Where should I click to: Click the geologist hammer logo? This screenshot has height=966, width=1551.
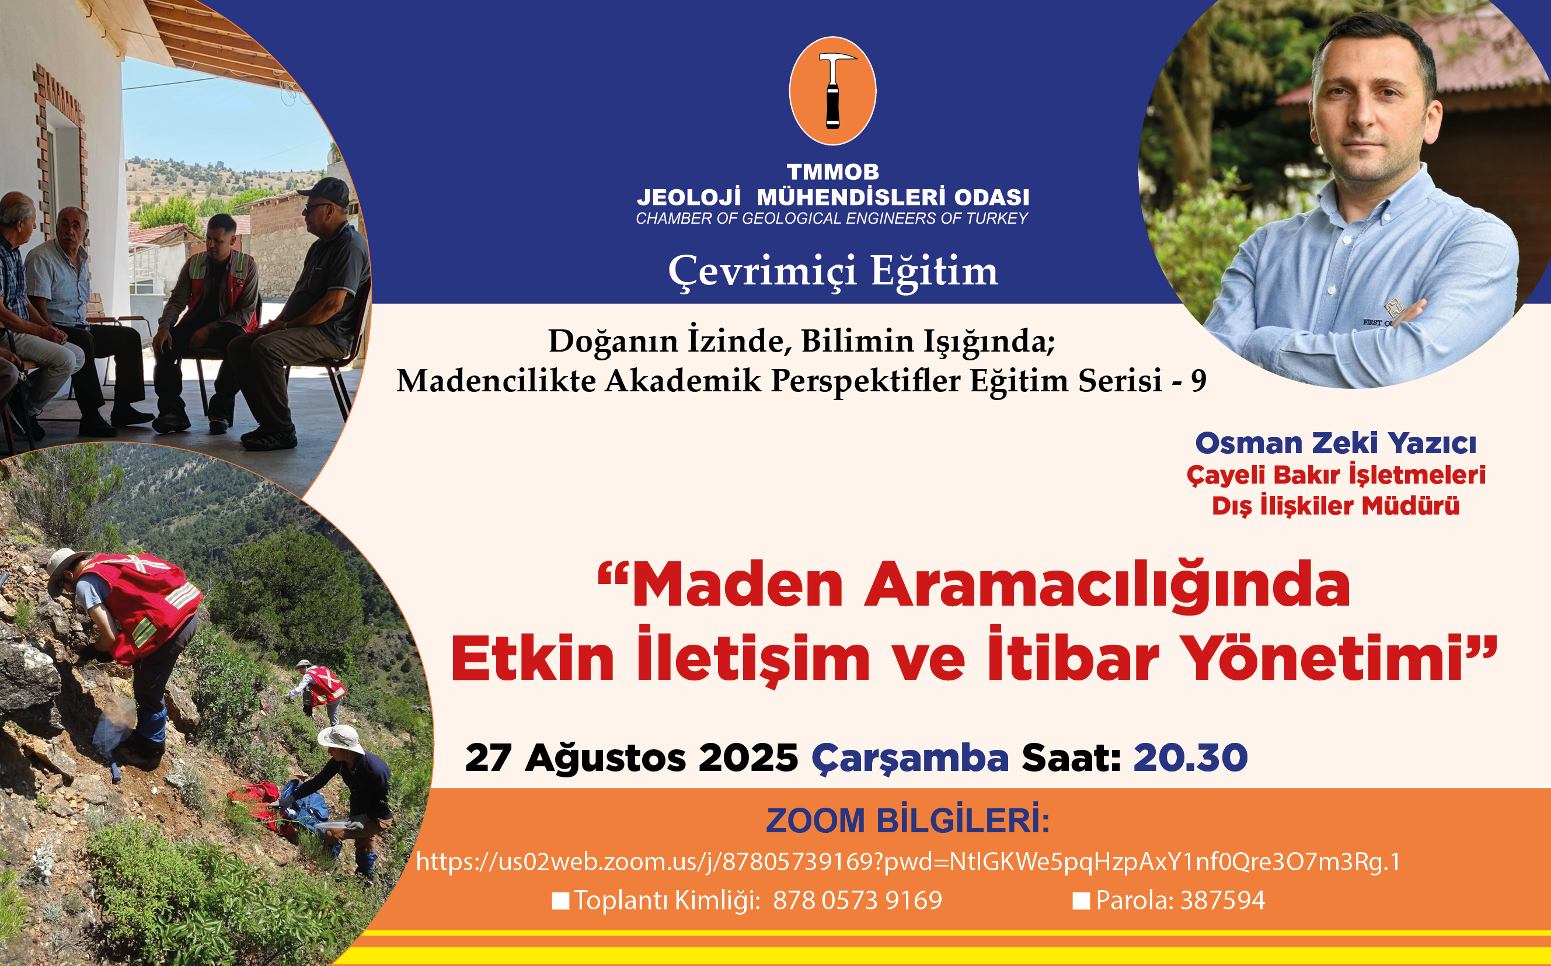tap(832, 91)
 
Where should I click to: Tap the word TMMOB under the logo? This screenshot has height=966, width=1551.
tap(832, 172)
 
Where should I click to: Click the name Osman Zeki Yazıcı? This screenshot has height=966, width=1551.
tap(1336, 443)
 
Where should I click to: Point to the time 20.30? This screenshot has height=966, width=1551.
tap(1190, 757)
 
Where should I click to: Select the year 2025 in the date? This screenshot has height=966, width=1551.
tap(748, 757)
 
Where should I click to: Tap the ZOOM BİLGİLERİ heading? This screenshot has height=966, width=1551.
tap(908, 821)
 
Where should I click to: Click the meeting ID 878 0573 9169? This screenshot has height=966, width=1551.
tap(858, 900)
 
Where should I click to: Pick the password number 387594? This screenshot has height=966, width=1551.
tap(1223, 900)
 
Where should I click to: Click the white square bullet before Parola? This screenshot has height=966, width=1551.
tap(1081, 901)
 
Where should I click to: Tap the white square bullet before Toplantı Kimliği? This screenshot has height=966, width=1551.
tap(560, 901)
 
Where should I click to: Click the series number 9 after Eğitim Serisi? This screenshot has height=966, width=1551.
tap(1198, 381)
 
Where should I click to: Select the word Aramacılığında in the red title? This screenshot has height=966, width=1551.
tap(1107, 585)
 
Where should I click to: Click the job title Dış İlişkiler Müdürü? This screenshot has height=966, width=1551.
tap(1336, 506)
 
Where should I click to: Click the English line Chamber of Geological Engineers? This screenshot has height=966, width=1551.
tap(832, 218)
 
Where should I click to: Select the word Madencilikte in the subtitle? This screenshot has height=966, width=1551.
tap(496, 381)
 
